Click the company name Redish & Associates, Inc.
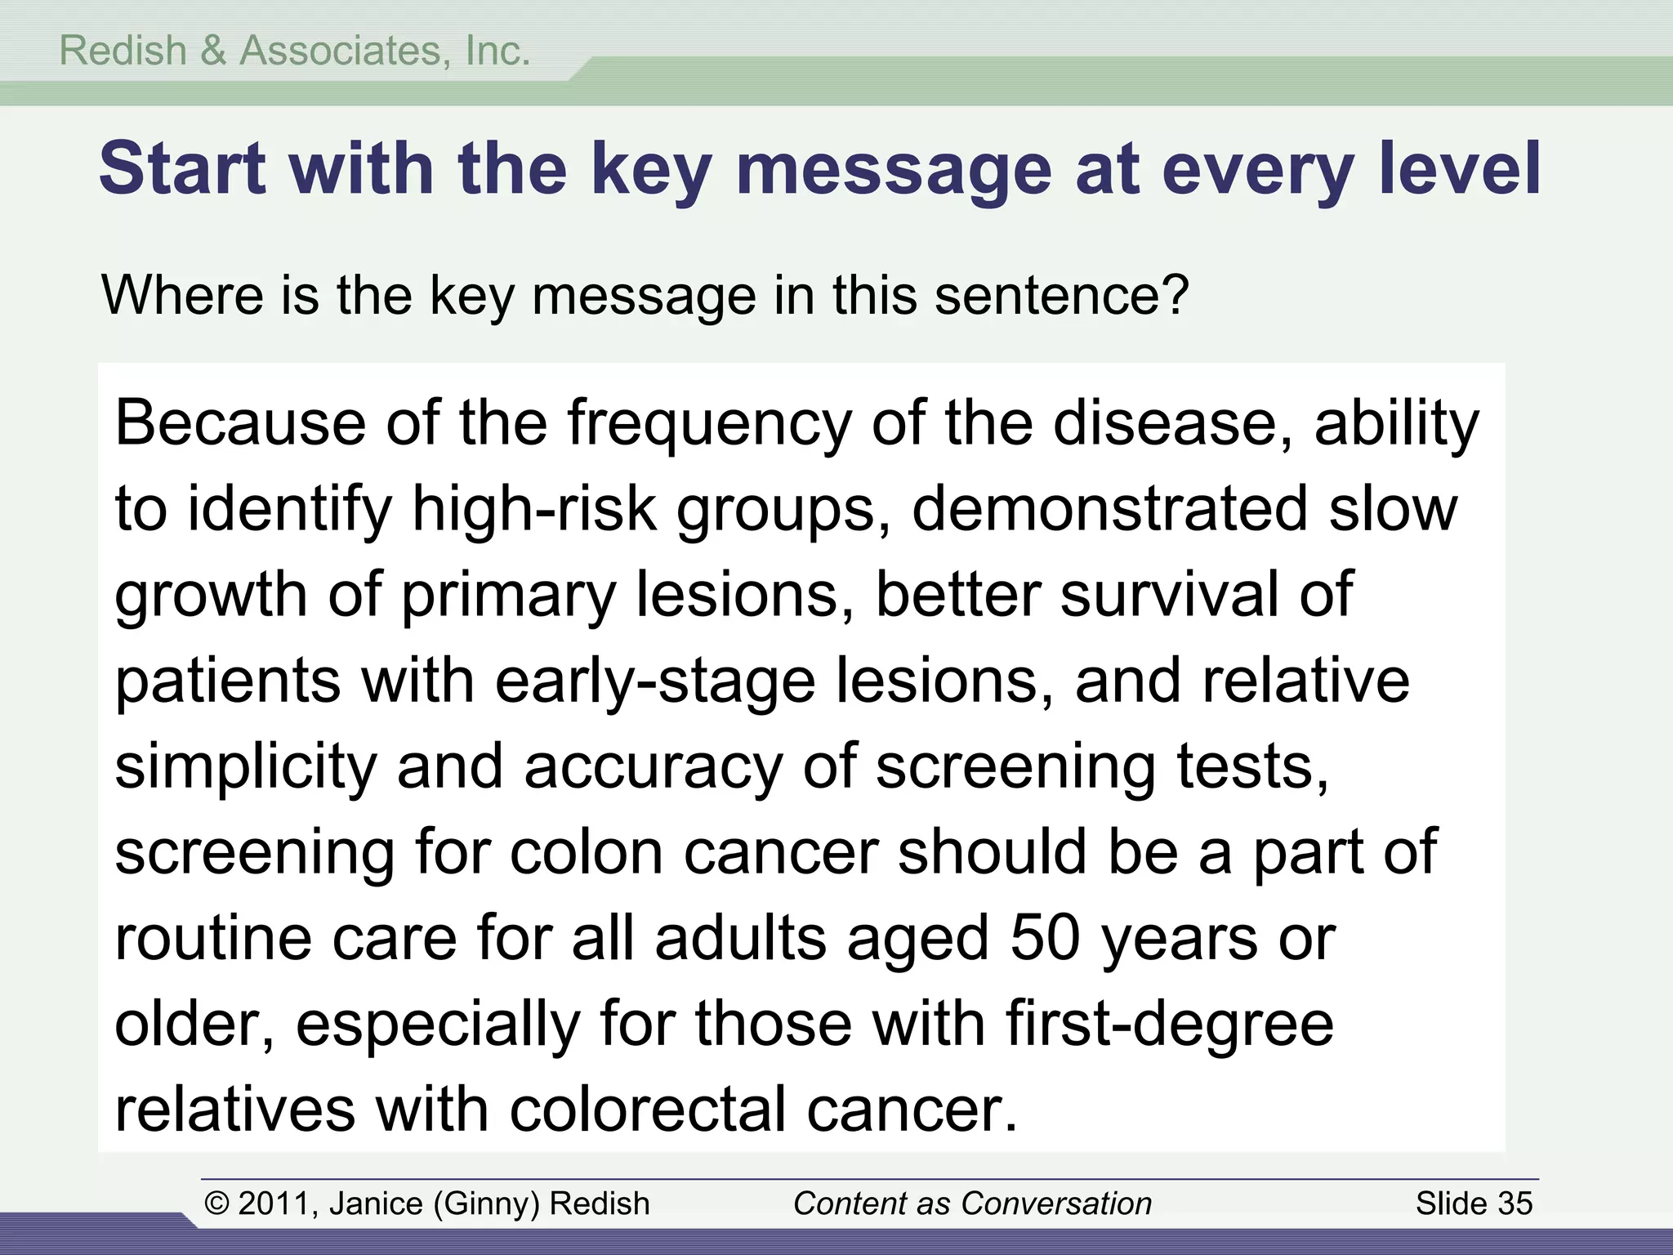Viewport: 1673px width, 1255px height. coord(295,51)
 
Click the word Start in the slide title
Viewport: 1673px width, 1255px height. coord(182,168)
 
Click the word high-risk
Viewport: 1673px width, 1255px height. coord(534,508)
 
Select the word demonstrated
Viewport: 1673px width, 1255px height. coord(1109,508)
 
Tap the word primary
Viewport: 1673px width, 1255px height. coord(508,596)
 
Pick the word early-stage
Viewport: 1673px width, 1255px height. coord(654,682)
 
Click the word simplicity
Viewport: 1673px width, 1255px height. coord(245,768)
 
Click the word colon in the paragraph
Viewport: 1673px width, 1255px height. coord(586,853)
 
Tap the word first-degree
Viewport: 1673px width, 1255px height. coord(1169,1025)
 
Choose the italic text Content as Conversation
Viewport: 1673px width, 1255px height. coord(972,1204)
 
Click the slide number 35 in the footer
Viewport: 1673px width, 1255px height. coord(1515,1204)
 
